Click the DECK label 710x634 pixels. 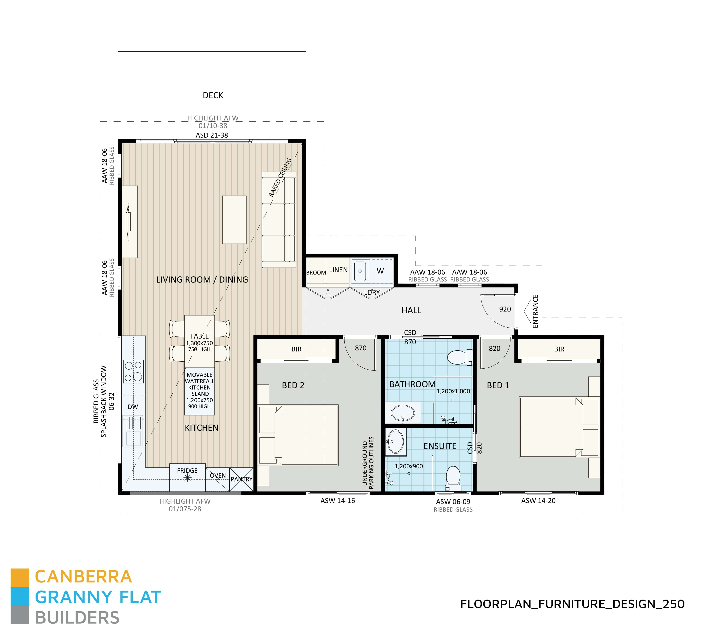click(213, 96)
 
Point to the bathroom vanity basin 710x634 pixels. click(403, 414)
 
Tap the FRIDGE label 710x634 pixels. click(187, 471)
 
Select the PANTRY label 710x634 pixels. click(241, 479)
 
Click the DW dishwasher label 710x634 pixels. click(133, 407)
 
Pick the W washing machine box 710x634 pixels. click(380, 271)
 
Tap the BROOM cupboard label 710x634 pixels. click(316, 272)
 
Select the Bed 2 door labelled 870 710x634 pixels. click(361, 348)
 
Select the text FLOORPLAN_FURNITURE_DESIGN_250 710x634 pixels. click(572, 604)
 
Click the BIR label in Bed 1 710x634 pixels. click(559, 349)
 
